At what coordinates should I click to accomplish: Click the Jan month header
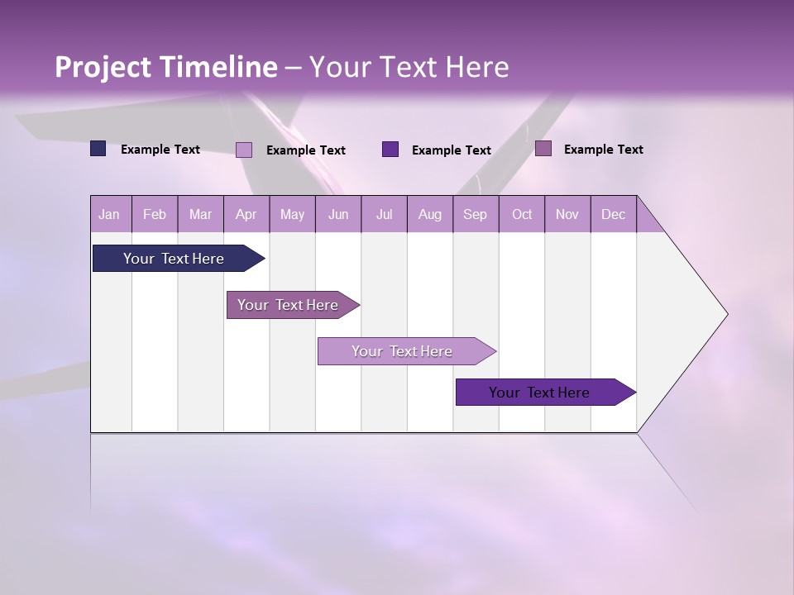point(110,214)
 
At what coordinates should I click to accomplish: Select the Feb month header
point(155,214)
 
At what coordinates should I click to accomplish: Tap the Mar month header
point(200,214)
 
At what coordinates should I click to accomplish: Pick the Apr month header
point(246,214)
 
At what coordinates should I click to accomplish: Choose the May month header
point(292,214)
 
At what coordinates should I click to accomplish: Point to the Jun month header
point(338,214)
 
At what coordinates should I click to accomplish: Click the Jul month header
point(384,214)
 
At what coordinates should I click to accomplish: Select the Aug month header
point(430,214)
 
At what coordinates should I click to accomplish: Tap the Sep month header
point(476,214)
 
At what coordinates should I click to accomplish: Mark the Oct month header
point(522,214)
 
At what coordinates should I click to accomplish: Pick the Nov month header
point(567,214)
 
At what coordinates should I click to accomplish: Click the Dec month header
point(614,214)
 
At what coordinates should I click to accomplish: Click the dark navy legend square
point(98,149)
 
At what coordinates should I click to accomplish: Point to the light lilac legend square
point(244,150)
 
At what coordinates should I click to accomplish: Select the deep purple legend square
point(390,150)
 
